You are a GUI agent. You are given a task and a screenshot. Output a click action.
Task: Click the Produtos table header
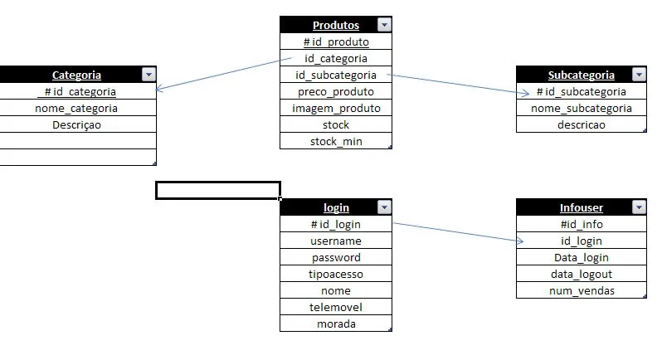click(x=335, y=25)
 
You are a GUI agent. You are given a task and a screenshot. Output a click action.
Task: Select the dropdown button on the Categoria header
click(x=148, y=75)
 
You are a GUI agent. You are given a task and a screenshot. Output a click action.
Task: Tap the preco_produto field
click(x=335, y=91)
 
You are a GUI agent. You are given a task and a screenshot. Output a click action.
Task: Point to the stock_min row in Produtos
click(x=335, y=141)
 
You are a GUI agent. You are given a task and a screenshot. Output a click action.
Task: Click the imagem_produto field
click(x=335, y=108)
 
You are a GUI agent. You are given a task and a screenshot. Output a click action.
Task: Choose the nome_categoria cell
click(x=76, y=108)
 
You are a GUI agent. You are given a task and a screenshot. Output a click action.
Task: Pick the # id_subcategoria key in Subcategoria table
click(x=581, y=91)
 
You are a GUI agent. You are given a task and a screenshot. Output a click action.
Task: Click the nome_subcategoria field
click(x=581, y=108)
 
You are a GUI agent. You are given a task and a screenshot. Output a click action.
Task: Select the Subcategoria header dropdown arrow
click(x=638, y=75)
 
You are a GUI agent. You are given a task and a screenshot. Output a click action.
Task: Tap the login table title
click(x=335, y=207)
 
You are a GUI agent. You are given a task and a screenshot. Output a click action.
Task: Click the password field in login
click(x=335, y=257)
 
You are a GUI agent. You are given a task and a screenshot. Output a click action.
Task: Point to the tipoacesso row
click(x=335, y=274)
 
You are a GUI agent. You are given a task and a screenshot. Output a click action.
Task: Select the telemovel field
click(x=335, y=307)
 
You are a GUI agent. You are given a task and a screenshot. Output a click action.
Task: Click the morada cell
click(x=335, y=324)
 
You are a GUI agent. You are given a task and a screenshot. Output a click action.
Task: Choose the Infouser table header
click(x=581, y=207)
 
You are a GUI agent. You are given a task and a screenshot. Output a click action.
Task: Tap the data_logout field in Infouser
click(x=581, y=274)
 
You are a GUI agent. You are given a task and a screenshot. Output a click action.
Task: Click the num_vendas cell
click(x=581, y=290)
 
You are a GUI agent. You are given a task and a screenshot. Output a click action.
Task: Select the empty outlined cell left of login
click(x=217, y=191)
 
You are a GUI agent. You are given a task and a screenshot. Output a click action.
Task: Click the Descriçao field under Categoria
click(x=76, y=124)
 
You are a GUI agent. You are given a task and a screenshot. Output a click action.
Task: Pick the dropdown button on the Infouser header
click(x=638, y=207)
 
